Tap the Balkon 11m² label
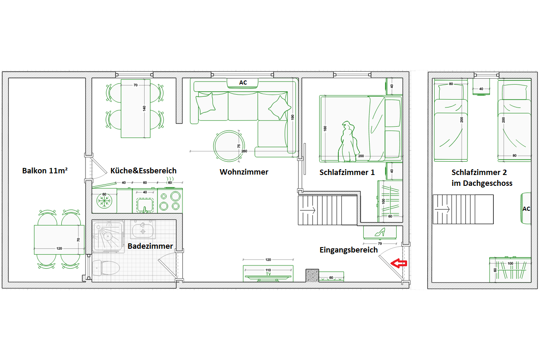[45, 171]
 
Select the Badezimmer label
[150, 246]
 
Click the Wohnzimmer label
[244, 172]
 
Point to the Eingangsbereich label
[349, 250]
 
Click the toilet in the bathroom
[106, 268]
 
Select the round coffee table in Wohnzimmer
[229, 146]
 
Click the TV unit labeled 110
[268, 273]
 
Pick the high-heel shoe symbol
[380, 232]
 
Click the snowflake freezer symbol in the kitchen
[105, 200]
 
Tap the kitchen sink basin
[145, 205]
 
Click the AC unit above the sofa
[242, 83]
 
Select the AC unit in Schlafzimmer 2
[526, 208]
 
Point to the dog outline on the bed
[348, 142]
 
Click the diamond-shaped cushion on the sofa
[280, 107]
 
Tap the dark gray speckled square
[312, 275]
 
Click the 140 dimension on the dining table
[144, 108]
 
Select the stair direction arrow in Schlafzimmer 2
[442, 209]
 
